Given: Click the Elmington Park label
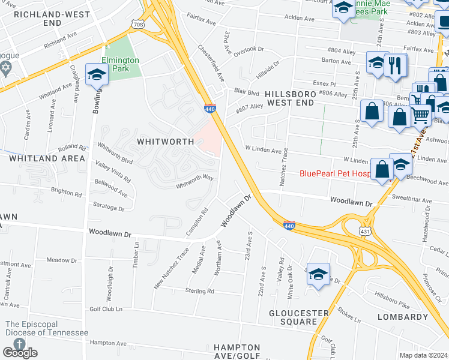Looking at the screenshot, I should pyautogui.click(x=120, y=64).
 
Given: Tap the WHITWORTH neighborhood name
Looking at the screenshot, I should pyautogui.click(x=165, y=142).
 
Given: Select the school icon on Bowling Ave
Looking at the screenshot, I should pyautogui.click(x=96, y=75).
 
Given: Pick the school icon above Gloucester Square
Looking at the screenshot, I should pyautogui.click(x=318, y=275).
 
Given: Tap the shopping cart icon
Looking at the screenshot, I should pyautogui.click(x=420, y=113).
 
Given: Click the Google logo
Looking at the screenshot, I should pyautogui.click(x=20, y=353).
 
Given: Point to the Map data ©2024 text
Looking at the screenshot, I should pyautogui.click(x=424, y=355).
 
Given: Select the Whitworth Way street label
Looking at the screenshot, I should pyautogui.click(x=194, y=181).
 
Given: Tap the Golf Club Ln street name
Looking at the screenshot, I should pyautogui.click(x=106, y=309).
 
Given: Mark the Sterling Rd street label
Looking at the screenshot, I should pyautogui.click(x=200, y=291).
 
